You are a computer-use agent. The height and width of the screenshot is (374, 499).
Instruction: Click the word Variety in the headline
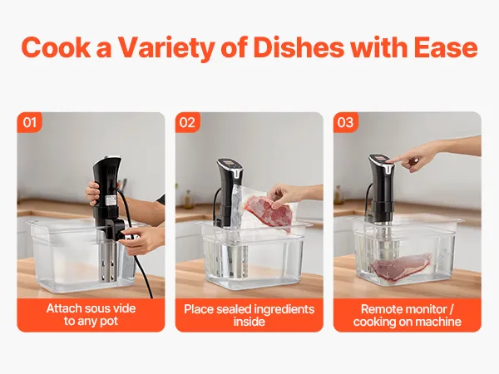click(x=166, y=47)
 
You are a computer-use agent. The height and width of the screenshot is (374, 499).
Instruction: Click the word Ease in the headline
click(x=446, y=47)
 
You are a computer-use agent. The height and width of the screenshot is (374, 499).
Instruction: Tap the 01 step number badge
click(x=29, y=122)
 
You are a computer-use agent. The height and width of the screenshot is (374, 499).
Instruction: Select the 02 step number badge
click(x=187, y=122)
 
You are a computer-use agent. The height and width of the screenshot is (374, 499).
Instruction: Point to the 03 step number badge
click(x=346, y=122)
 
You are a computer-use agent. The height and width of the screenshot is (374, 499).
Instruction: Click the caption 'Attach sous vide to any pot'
click(x=91, y=315)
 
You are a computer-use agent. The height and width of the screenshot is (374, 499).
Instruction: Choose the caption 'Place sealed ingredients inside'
click(x=249, y=315)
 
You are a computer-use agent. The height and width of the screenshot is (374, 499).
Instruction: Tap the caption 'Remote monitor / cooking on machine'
click(x=408, y=315)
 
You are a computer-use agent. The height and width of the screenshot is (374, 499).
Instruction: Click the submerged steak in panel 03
click(x=402, y=267)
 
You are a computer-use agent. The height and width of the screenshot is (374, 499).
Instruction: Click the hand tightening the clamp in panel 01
click(x=141, y=239)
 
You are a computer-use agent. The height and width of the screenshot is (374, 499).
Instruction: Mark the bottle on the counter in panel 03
click(x=338, y=194)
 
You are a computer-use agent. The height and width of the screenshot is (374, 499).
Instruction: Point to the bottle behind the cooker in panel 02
click(x=189, y=199)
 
